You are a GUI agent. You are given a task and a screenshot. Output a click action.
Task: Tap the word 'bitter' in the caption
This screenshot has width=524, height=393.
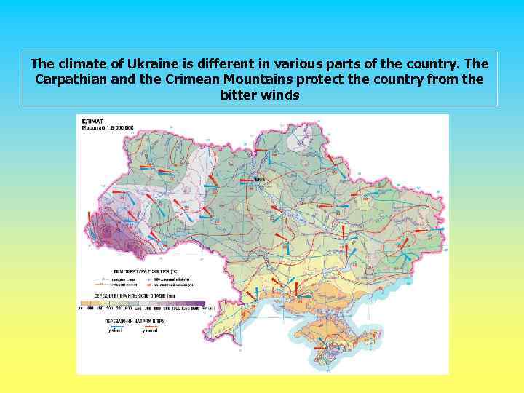tap(238, 95)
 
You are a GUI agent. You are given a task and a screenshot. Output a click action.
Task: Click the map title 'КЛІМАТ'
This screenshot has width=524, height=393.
tap(92, 120)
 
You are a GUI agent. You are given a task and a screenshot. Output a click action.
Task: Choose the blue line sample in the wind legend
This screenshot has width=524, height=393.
tap(116, 326)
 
